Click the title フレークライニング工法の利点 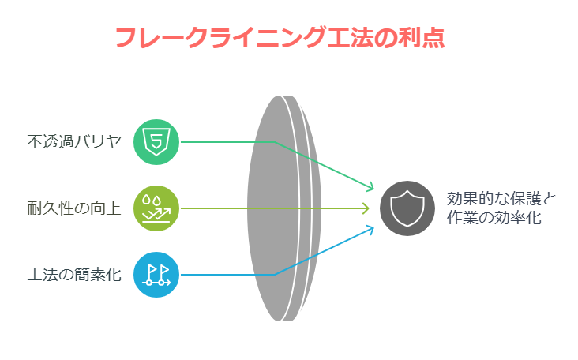pyautogui.click(x=280, y=38)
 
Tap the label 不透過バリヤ pyautogui.click(x=74, y=142)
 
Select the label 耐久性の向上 pyautogui.click(x=74, y=208)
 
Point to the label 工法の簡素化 pyautogui.click(x=74, y=275)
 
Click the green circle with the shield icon pyautogui.click(x=156, y=142)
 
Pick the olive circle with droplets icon pyautogui.click(x=156, y=208)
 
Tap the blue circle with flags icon pyautogui.click(x=156, y=275)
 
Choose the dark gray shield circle pyautogui.click(x=407, y=208)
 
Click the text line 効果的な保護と pyautogui.click(x=501, y=199)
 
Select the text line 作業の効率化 pyautogui.click(x=494, y=217)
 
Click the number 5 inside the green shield pyautogui.click(x=156, y=141)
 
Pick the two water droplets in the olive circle pyautogui.click(x=152, y=200)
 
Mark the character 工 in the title pyautogui.click(x=339, y=38)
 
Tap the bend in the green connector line pyautogui.click(x=275, y=142)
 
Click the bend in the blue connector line pyautogui.click(x=275, y=275)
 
